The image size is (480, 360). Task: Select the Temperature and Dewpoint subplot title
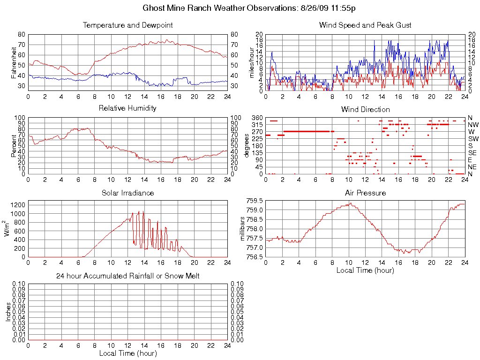[x=127, y=25]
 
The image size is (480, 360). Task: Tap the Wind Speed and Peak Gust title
[x=365, y=25]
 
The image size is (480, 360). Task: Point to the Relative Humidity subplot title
[x=127, y=108]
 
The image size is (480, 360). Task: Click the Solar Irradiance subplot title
[x=127, y=193]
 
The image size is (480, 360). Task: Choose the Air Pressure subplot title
[x=365, y=193]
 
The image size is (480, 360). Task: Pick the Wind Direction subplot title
[x=365, y=109]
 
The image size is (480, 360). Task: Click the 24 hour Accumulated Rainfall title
[x=127, y=276]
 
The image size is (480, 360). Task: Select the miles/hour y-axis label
[x=252, y=62]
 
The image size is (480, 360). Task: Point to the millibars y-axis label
[x=243, y=228]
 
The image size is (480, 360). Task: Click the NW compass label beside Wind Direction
[x=472, y=125]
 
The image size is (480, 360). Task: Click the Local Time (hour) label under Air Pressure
[x=365, y=270]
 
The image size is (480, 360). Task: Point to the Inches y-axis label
[x=8, y=311]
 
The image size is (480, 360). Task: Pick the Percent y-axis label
[x=15, y=145]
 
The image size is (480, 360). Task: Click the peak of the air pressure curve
[x=350, y=203]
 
